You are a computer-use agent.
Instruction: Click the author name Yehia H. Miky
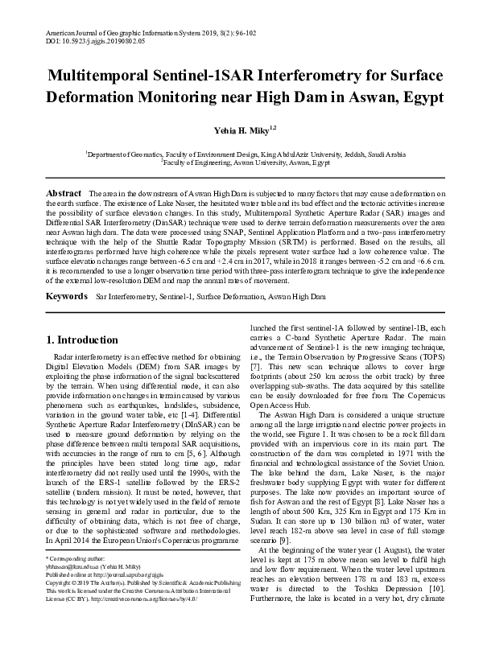tap(239, 129)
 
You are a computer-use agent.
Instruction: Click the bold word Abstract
tap(64, 195)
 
